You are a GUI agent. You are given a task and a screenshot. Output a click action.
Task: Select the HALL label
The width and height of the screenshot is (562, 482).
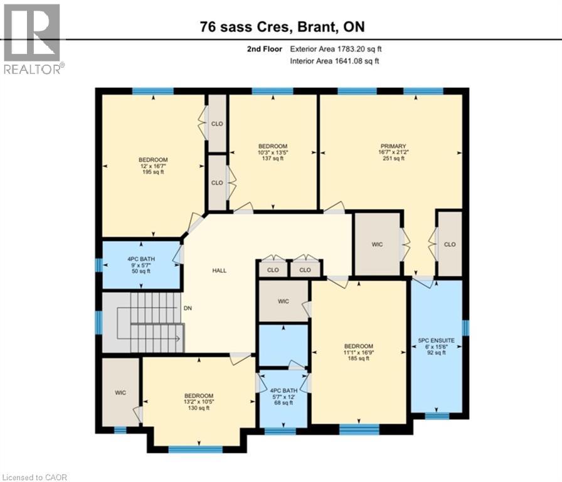coord(219,270)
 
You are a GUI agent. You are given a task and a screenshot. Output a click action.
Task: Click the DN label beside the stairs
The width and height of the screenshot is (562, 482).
coord(187,308)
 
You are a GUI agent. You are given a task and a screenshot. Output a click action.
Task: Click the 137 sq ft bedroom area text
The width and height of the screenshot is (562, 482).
coord(272,159)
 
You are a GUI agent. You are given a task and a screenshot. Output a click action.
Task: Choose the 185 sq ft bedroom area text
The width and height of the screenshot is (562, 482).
coord(358,358)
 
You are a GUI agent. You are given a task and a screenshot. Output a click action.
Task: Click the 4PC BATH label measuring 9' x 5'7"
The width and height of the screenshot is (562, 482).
coord(142,259)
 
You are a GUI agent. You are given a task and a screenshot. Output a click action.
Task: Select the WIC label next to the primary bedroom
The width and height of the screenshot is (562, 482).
coord(377,244)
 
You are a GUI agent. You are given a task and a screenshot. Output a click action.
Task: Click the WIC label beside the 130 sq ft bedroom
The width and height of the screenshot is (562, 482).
coord(120,393)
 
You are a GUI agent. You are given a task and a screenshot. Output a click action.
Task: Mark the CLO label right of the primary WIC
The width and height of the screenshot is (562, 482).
coord(449,244)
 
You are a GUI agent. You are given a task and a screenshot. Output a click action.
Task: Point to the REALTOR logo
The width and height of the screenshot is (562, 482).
coord(32,38)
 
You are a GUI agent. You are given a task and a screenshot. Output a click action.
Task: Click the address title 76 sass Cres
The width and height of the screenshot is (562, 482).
coord(281,26)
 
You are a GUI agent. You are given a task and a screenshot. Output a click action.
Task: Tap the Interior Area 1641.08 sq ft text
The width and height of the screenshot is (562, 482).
coord(334,61)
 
